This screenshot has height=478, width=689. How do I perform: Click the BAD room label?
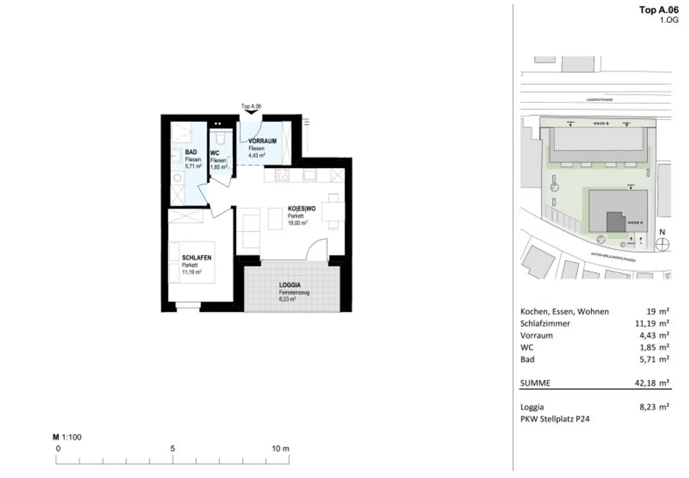[191, 152]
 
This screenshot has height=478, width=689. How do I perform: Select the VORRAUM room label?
[262, 141]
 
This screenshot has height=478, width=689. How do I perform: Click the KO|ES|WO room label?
[301, 209]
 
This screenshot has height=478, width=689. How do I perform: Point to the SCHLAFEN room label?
[196, 258]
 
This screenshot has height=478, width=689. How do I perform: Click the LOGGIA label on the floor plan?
[290, 285]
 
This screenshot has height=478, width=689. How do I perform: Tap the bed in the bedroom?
[192, 262]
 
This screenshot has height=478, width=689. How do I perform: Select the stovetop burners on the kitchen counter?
[282, 175]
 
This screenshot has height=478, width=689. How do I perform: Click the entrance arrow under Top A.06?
[251, 112]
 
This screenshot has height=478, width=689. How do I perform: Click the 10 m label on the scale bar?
[280, 448]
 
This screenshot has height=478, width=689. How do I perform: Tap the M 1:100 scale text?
[67, 437]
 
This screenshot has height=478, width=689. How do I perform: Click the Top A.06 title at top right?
[658, 10]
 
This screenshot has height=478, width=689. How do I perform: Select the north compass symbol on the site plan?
[662, 244]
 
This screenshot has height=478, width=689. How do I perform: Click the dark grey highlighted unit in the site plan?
[615, 222]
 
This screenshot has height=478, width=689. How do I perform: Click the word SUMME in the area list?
[535, 383]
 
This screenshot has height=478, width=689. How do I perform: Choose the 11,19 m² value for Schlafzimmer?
[652, 323]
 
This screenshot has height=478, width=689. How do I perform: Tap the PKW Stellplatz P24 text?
[555, 419]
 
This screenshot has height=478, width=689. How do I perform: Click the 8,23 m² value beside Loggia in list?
[654, 407]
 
